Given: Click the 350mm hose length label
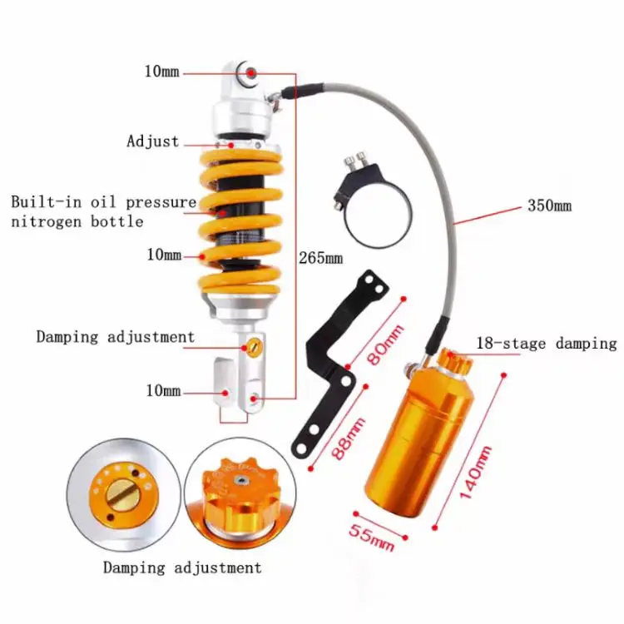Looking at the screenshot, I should point(550,206).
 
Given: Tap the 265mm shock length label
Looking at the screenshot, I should point(320,258).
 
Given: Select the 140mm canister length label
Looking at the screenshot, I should point(475,472).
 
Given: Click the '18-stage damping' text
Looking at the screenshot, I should point(546,343).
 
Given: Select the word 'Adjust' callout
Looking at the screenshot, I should point(152,141).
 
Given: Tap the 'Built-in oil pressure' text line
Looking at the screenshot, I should point(104,202).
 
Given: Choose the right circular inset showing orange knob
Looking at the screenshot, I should point(235,495).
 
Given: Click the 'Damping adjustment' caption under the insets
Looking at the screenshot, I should point(182,568).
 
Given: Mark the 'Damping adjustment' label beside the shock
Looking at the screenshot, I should point(115,337).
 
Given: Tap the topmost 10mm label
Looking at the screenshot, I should point(161,72).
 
